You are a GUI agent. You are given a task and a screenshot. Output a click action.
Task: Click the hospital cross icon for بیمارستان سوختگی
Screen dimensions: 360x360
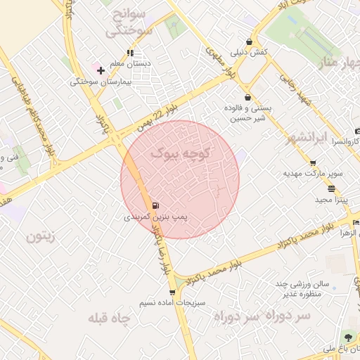[101, 70]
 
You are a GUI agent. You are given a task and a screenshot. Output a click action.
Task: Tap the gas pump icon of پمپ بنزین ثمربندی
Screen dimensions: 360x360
[155, 206]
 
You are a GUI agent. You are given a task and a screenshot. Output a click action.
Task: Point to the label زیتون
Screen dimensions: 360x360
[40, 236]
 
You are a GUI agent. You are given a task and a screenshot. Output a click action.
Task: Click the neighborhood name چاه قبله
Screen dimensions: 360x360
[110, 319]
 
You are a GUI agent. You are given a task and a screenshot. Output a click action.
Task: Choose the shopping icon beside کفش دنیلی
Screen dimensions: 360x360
[249, 41]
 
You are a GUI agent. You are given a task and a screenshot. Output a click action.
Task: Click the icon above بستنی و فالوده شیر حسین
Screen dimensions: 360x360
[247, 97]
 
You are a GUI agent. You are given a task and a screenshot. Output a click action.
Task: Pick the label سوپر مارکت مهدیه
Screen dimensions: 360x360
[313, 172]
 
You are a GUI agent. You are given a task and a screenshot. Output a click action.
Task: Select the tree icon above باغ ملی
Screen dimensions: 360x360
[347, 336]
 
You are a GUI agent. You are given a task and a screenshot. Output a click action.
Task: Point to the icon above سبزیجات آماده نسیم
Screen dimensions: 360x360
[172, 292]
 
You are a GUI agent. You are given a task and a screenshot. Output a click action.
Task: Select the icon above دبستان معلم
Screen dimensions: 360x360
[130, 52]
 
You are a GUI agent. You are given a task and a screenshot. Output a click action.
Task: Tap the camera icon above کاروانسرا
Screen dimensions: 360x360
[357, 131]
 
